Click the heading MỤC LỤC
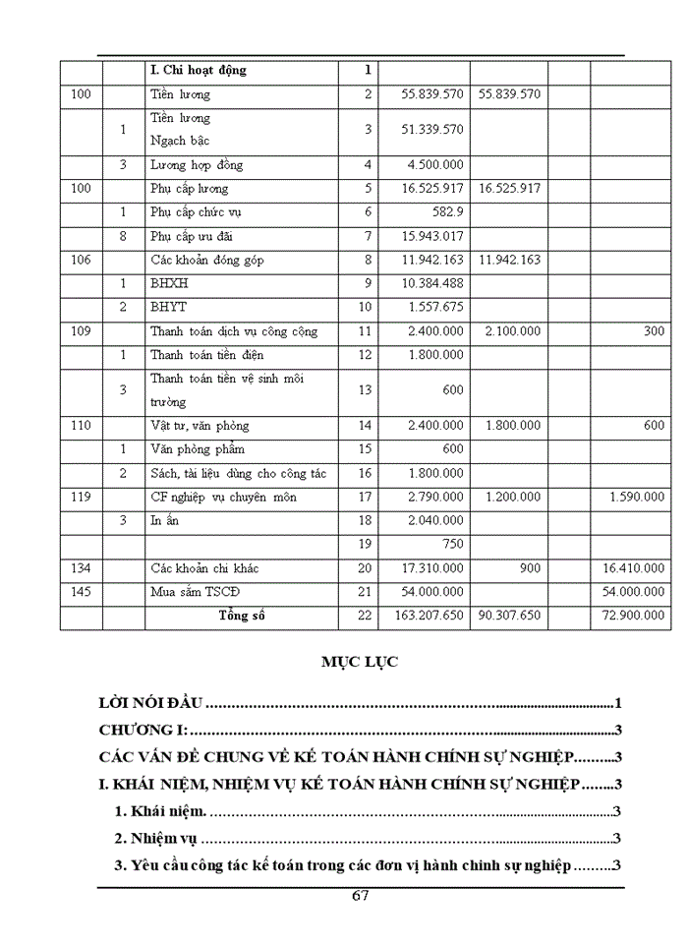click(x=359, y=663)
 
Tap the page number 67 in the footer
click(x=360, y=896)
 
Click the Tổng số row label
click(x=242, y=617)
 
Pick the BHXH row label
click(x=168, y=283)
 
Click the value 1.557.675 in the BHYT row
click(x=432, y=307)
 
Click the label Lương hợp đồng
click(x=197, y=164)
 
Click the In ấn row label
click(x=165, y=520)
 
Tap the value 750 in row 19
click(x=452, y=544)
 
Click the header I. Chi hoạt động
click(x=198, y=71)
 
